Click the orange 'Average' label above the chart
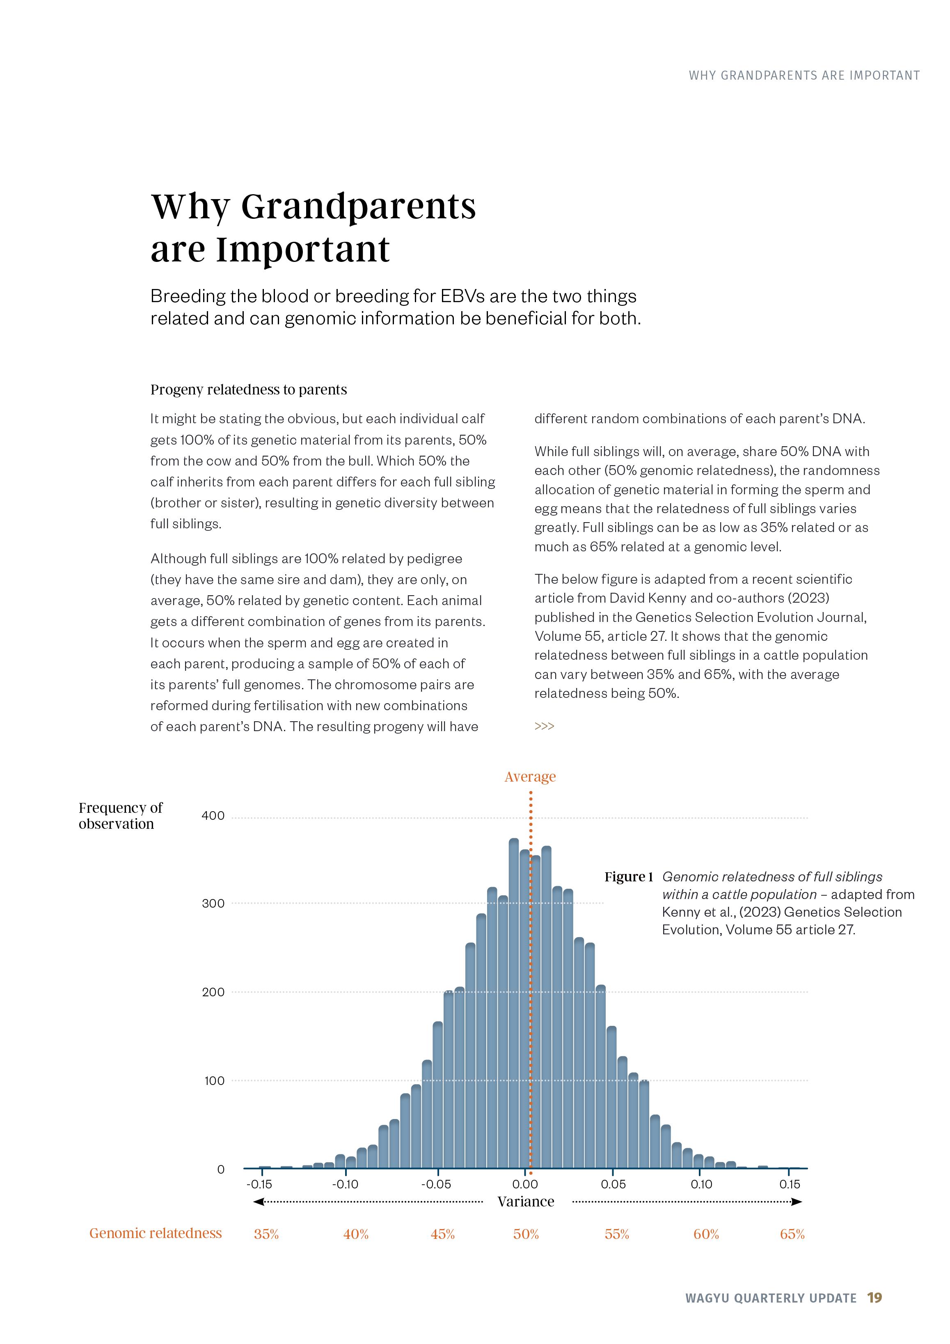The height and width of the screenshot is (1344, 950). (x=530, y=777)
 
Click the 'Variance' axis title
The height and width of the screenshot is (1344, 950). (x=526, y=1202)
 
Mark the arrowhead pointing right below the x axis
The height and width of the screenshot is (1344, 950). (x=797, y=1202)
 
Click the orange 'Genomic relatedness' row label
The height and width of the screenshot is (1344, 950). (x=156, y=1233)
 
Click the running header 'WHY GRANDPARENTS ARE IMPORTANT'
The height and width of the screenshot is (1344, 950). (x=803, y=76)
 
